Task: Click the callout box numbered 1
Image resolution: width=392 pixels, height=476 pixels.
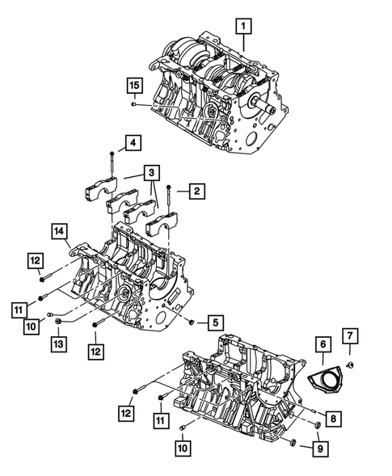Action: [x=242, y=27]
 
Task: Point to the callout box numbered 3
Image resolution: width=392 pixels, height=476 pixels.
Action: [x=150, y=172]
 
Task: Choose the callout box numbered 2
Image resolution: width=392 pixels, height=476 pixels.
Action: [x=195, y=192]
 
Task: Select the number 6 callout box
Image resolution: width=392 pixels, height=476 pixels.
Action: [x=322, y=345]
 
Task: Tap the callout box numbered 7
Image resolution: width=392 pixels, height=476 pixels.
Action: [x=351, y=335]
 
